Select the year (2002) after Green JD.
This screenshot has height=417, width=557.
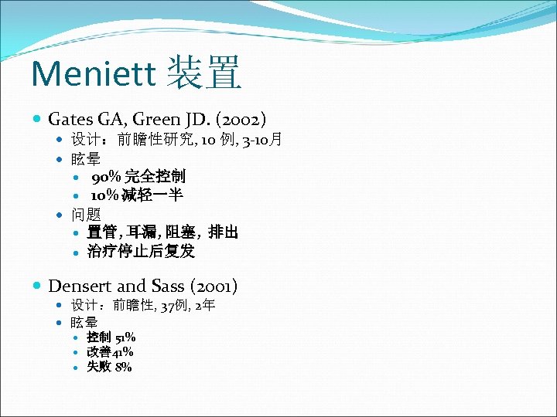(x=241, y=120)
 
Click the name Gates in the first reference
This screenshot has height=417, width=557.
(x=71, y=120)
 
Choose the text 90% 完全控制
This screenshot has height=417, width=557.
(x=138, y=177)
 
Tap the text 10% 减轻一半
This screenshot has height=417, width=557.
(x=136, y=195)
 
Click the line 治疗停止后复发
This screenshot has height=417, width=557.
(x=141, y=251)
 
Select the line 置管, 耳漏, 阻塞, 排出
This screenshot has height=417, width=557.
(x=162, y=232)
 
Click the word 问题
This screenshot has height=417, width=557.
(x=85, y=214)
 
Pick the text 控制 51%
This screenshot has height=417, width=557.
(x=111, y=337)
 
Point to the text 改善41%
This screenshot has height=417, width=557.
(x=110, y=352)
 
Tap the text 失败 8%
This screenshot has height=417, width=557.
(x=109, y=367)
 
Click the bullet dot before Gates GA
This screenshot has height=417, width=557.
(x=39, y=120)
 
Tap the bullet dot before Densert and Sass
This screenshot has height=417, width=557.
(x=39, y=286)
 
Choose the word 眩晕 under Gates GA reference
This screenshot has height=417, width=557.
(x=85, y=159)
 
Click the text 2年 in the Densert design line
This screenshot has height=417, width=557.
(x=205, y=306)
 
